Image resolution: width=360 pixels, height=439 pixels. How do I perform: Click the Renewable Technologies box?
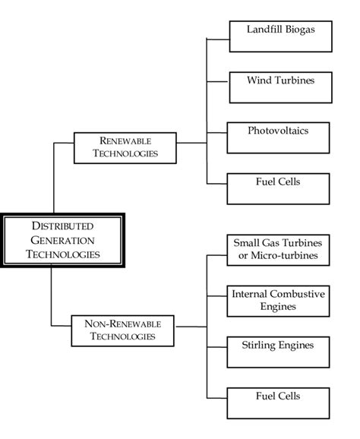coord(125,147)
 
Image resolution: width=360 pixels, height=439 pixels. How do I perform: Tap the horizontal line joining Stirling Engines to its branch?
coord(217,346)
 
